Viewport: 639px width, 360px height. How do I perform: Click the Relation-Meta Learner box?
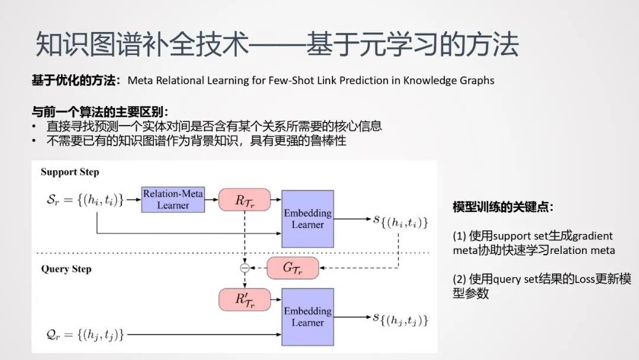click(x=173, y=200)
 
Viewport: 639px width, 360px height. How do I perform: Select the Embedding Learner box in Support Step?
click(x=308, y=218)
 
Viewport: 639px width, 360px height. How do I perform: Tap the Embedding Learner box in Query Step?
click(x=308, y=317)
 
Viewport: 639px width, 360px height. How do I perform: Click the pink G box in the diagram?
click(x=292, y=268)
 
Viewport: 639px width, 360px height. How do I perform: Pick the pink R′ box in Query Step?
click(x=244, y=299)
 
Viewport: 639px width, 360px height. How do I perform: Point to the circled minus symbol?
click(x=244, y=268)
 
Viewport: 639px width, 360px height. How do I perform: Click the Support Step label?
click(x=70, y=172)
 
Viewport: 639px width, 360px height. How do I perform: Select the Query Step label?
click(x=66, y=269)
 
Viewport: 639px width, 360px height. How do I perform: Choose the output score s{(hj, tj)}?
click(x=399, y=320)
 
